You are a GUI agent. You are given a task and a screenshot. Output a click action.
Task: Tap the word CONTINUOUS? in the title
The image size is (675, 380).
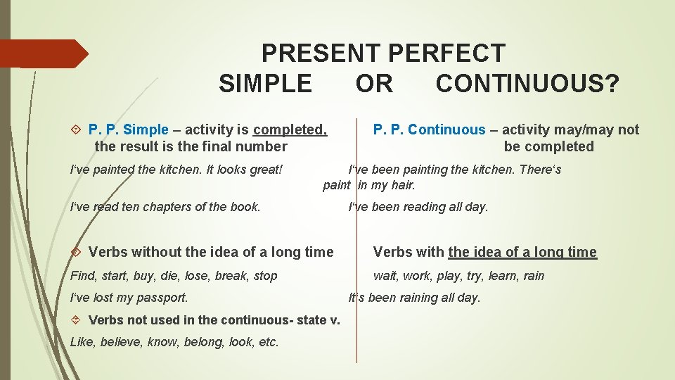pyautogui.click(x=527, y=84)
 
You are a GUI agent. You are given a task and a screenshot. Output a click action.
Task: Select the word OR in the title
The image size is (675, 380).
pyautogui.click(x=374, y=84)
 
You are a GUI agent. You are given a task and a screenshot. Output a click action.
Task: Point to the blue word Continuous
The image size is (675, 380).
pyautogui.click(x=446, y=129)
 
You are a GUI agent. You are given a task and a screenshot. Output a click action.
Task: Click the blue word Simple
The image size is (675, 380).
pyautogui.click(x=146, y=129)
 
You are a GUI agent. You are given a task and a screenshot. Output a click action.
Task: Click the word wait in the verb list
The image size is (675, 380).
pyautogui.click(x=385, y=276)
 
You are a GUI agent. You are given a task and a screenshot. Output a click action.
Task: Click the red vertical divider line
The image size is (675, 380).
pyautogui.click(x=356, y=281)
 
